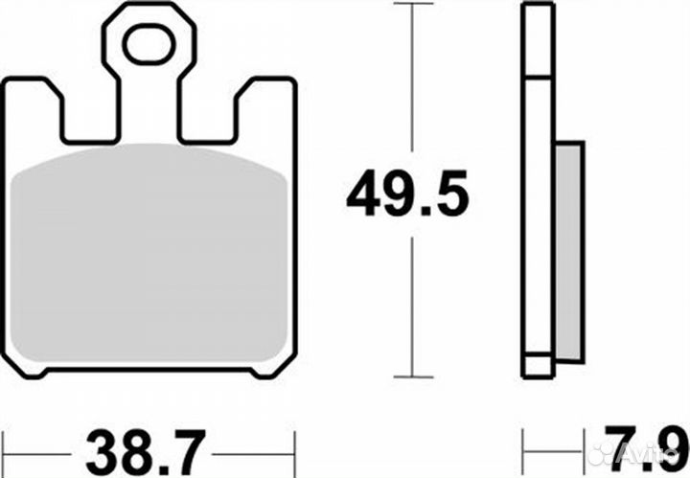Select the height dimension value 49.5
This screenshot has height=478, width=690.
[407, 196]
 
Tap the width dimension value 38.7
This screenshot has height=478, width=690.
[146, 447]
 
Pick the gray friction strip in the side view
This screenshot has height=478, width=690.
[567, 254]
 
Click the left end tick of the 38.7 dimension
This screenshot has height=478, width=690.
[4, 446]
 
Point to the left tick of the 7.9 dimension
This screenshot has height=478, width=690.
[523, 446]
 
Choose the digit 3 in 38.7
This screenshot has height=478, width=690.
[97, 447]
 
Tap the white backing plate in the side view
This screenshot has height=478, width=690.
[537, 192]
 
